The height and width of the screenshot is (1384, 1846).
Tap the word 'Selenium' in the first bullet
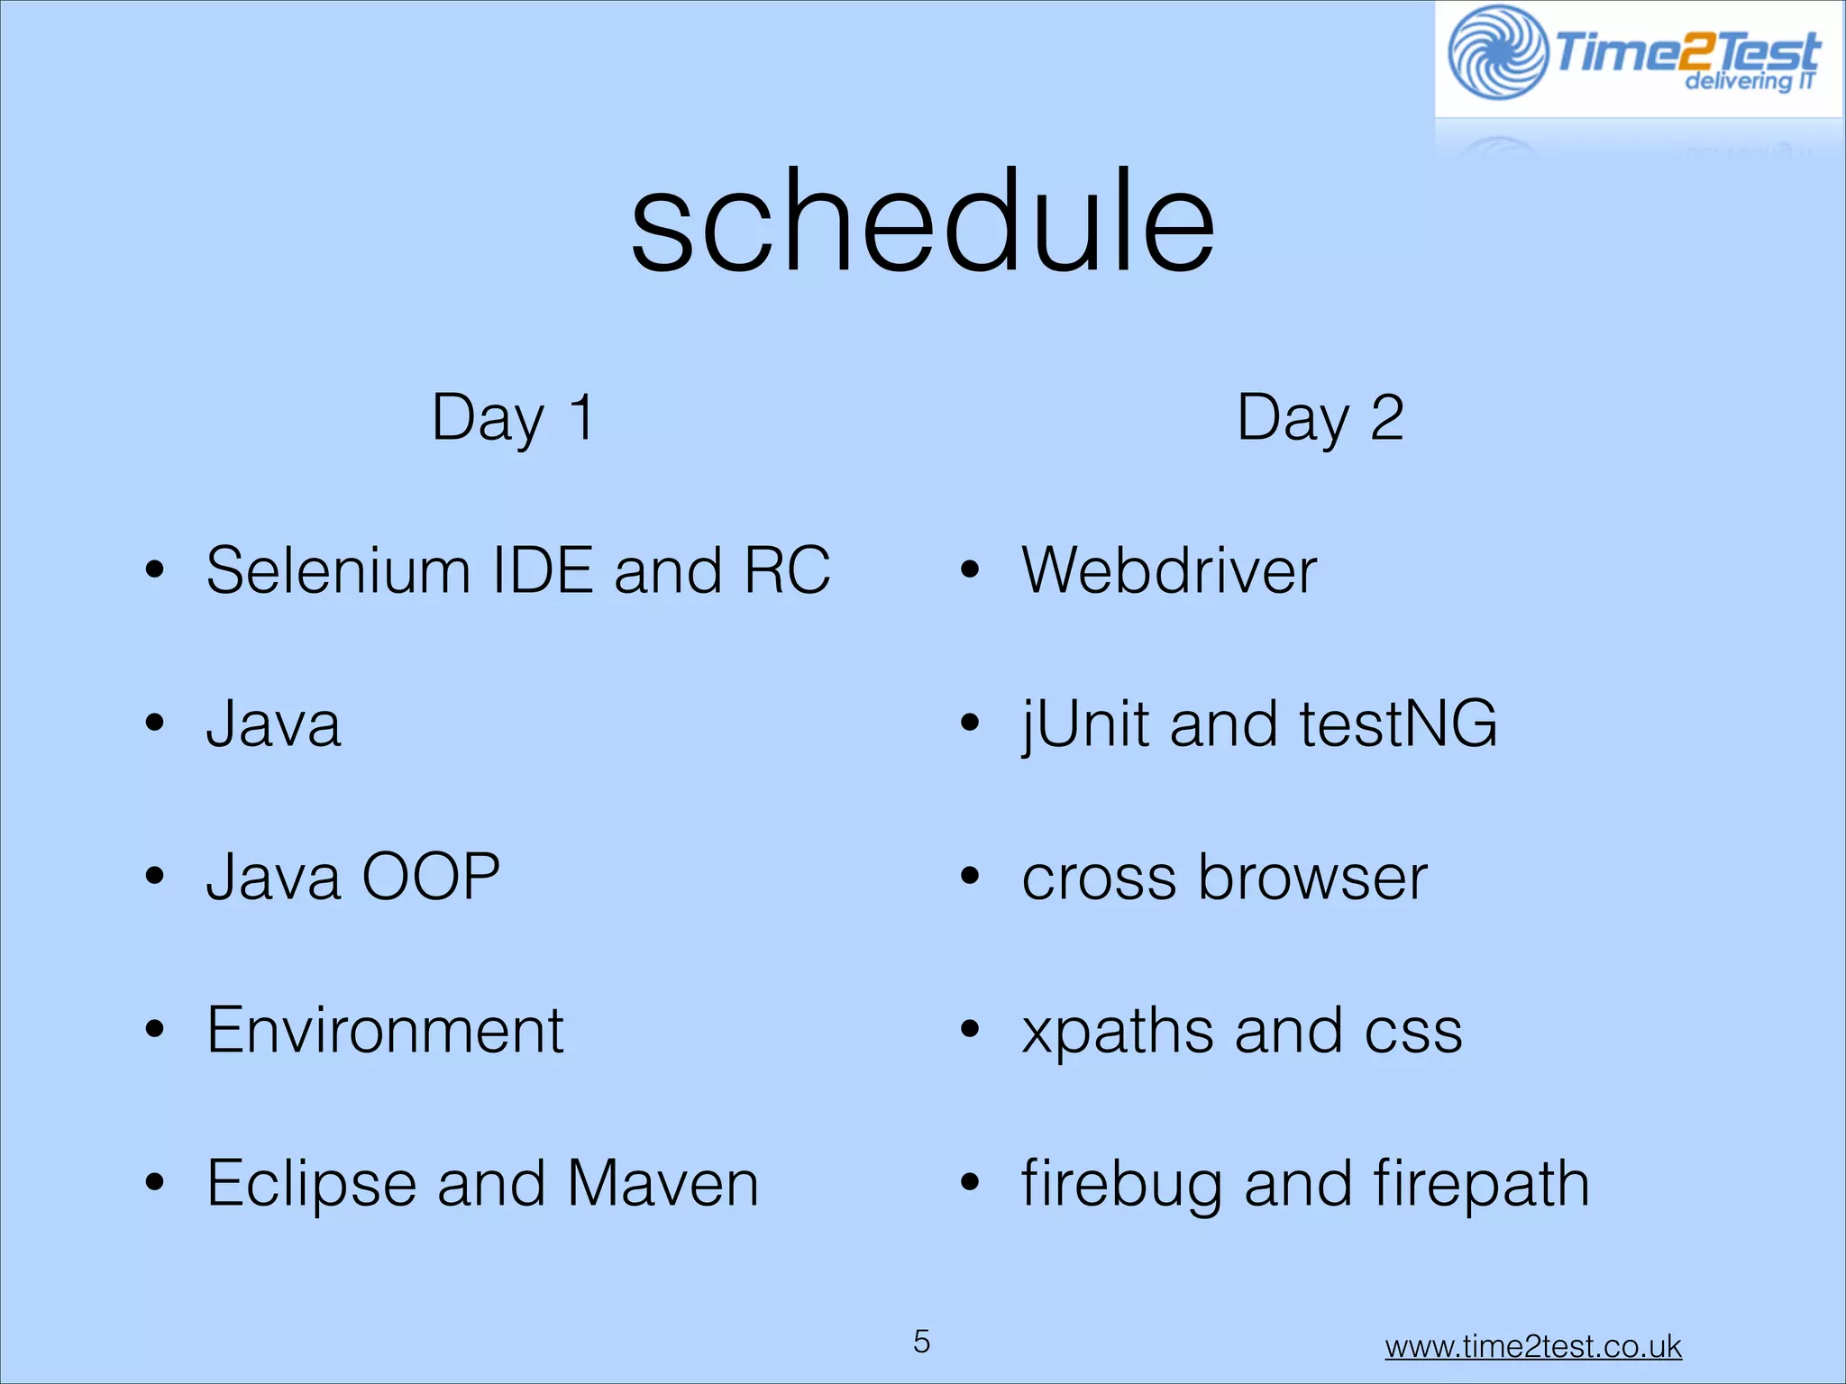(338, 570)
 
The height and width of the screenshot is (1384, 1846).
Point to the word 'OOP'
(430, 877)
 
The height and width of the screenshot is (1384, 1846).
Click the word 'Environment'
(385, 1030)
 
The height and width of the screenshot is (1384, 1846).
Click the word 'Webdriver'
(1169, 570)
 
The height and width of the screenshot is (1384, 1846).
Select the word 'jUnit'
(1085, 725)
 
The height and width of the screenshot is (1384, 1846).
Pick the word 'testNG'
(1398, 724)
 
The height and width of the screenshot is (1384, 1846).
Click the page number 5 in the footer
(921, 1342)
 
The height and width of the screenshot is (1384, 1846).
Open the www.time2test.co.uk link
(1532, 1346)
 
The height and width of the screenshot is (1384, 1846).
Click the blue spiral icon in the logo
(1497, 52)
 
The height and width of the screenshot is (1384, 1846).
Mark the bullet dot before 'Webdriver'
(969, 570)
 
